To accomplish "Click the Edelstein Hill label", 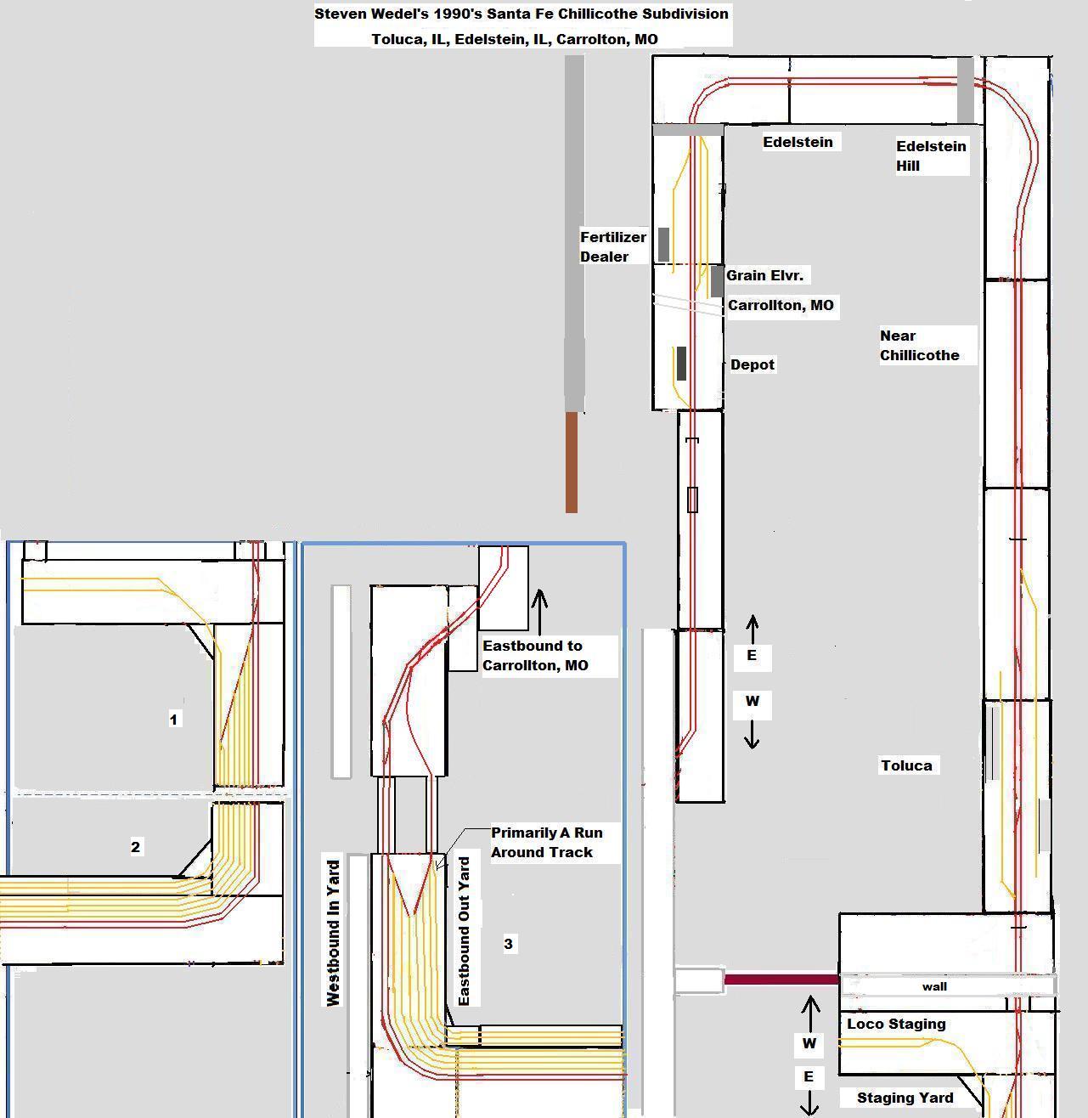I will (x=931, y=155).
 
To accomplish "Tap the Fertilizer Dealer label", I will (x=613, y=246).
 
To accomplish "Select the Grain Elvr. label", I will (x=764, y=275).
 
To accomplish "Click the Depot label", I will (x=753, y=364).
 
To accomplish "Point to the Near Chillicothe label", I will (x=919, y=346).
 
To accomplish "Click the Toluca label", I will (x=906, y=765).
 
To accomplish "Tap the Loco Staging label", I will (x=896, y=1024).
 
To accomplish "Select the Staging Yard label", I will (x=905, y=1098).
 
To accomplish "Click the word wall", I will (x=934, y=986).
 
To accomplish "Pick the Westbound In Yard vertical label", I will (x=333, y=933).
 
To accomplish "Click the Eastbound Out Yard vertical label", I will (x=464, y=931).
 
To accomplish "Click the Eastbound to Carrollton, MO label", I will (x=535, y=656).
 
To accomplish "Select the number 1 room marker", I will (x=174, y=720).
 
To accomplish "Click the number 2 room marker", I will (x=136, y=847).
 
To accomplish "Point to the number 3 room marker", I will (x=509, y=944).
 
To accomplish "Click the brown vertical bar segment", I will (x=572, y=462).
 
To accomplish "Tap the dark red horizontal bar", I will (x=781, y=980).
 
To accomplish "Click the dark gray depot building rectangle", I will (x=681, y=364).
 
